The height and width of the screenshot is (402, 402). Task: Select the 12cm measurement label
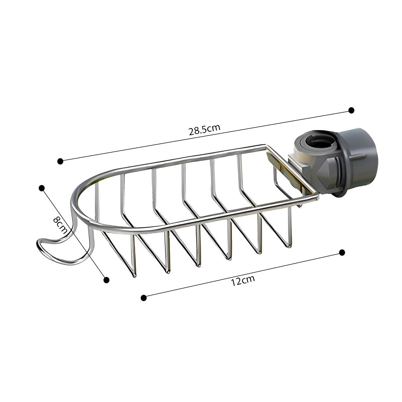pos(243,280)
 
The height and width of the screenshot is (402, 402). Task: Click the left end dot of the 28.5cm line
pos(60,161)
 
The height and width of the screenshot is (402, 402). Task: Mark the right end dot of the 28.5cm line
pos(351,110)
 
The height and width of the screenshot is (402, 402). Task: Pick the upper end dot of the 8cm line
pos(42,188)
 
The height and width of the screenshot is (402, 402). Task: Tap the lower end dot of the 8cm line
pos(106,280)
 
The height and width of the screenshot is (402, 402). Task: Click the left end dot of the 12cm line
pos(144,297)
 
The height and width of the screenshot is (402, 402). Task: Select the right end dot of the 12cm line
pos(342,252)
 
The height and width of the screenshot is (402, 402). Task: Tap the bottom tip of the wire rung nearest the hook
pos(134,275)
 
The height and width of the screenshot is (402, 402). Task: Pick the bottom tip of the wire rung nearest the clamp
pos(288,246)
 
